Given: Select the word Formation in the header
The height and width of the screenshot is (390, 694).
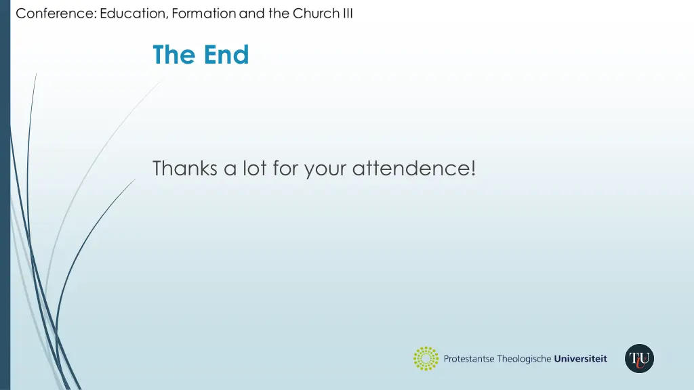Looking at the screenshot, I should [204, 14].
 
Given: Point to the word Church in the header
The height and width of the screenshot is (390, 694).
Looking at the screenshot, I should [316, 14].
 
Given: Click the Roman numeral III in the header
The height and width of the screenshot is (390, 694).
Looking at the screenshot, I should [347, 14].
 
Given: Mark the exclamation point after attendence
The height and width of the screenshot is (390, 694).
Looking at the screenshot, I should [472, 168].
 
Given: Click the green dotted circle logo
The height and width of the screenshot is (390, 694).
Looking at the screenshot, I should [426, 359].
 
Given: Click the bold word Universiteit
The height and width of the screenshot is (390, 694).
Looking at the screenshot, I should [581, 359].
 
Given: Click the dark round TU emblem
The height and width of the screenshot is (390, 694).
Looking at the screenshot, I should [639, 358].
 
